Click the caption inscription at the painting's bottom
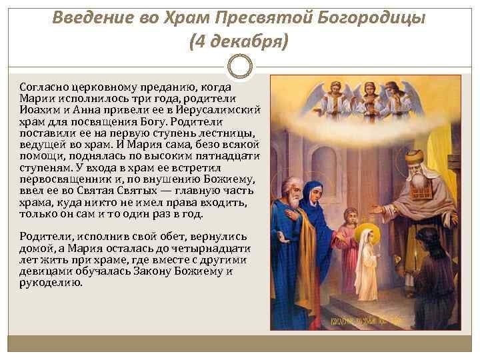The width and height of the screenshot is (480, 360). [x=367, y=324]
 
